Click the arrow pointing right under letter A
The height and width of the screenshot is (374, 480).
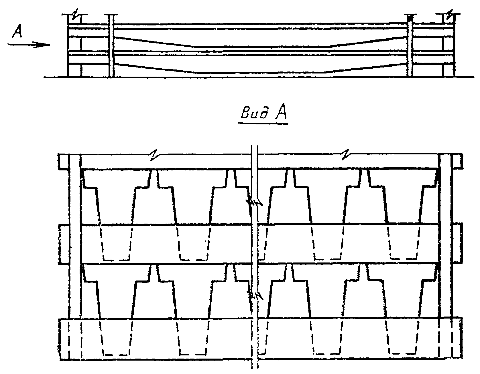coord(29,45)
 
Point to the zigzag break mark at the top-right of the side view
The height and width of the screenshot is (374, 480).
coord(450,15)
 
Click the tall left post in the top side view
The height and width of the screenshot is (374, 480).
coord(111,46)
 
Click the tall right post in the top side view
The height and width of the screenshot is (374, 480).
coord(410,46)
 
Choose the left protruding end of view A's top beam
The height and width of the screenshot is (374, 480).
coord(63,162)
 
